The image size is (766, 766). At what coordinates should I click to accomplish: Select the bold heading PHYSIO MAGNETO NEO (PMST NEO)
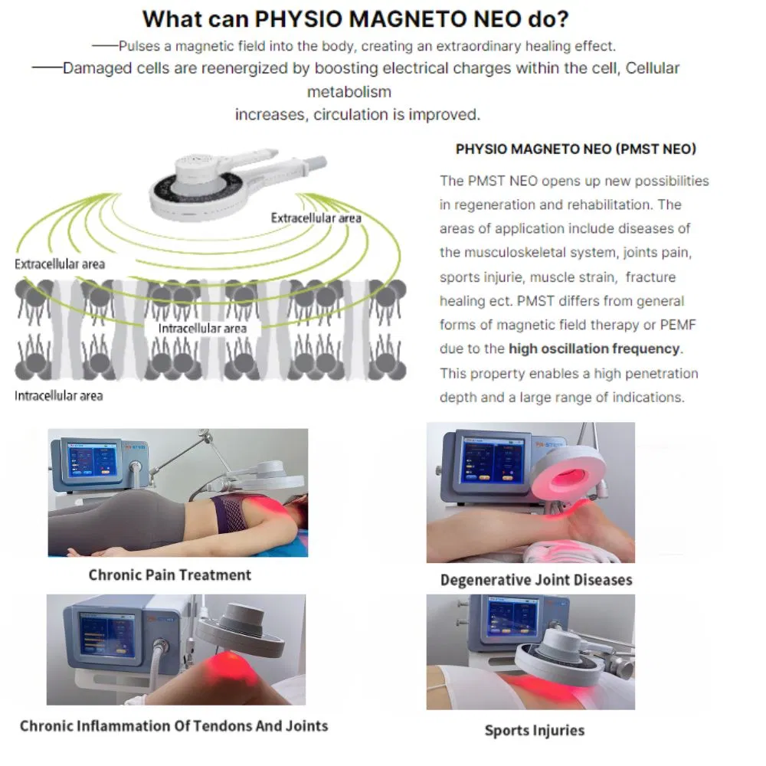pyautogui.click(x=575, y=149)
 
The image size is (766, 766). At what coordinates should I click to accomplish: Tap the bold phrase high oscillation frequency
pyautogui.click(x=594, y=349)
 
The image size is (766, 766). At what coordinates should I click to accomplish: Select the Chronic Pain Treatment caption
pyautogui.click(x=169, y=574)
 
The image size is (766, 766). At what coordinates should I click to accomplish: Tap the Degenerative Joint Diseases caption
pyautogui.click(x=536, y=580)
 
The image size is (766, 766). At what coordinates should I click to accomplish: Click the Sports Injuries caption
pyautogui.click(x=534, y=730)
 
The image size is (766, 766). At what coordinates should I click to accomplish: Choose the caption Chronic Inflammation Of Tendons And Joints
pyautogui.click(x=174, y=725)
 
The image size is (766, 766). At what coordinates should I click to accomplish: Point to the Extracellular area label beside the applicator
pyautogui.click(x=316, y=218)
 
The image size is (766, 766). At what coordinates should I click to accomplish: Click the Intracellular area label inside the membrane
pyautogui.click(x=202, y=329)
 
